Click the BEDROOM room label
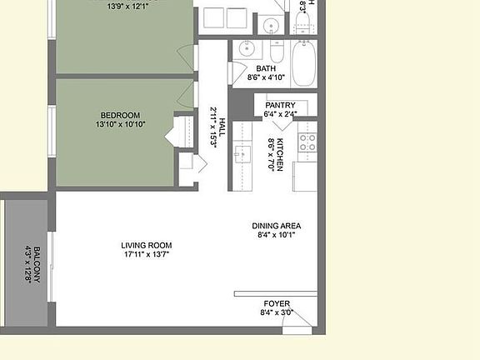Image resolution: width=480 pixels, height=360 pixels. pyautogui.click(x=121, y=115)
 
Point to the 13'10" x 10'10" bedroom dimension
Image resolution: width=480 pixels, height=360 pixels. pyautogui.click(x=121, y=125)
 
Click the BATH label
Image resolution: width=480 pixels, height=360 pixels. pyautogui.click(x=266, y=69)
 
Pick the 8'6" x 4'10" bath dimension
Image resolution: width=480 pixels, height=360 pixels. pyautogui.click(x=266, y=78)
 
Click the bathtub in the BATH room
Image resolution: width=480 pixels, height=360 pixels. pyautogui.click(x=303, y=63)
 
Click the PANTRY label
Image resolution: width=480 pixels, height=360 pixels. pyautogui.click(x=280, y=105)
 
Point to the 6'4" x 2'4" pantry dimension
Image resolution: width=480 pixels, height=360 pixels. pyautogui.click(x=280, y=114)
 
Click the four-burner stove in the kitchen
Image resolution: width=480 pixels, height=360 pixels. pyautogui.click(x=307, y=142)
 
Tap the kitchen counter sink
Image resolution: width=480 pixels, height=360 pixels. pyautogui.click(x=242, y=153)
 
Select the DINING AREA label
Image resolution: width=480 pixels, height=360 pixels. pyautogui.click(x=277, y=226)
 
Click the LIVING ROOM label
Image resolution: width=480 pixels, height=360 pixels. pyautogui.click(x=152, y=245)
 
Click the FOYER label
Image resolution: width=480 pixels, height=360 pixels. pyautogui.click(x=277, y=303)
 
